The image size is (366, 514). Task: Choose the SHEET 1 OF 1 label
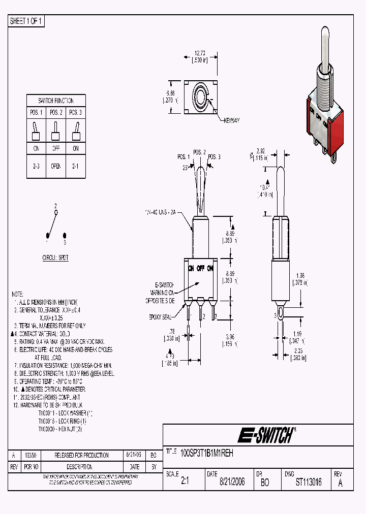(x=26, y=21)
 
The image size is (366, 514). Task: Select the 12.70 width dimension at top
(x=200, y=52)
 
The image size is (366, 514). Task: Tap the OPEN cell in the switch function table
(x=56, y=166)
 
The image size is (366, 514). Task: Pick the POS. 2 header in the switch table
(x=56, y=112)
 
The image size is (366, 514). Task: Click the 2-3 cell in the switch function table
(x=36, y=166)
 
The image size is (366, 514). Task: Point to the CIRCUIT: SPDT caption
(x=56, y=258)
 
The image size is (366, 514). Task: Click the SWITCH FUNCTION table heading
(x=56, y=101)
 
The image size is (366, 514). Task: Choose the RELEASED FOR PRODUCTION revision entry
(x=81, y=456)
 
